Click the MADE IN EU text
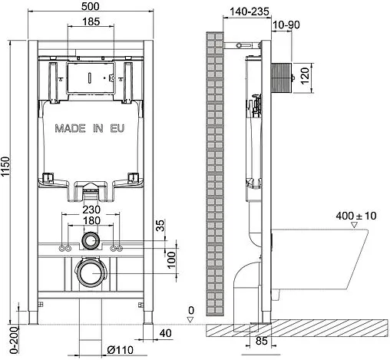pyautogui.click(x=89, y=130)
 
